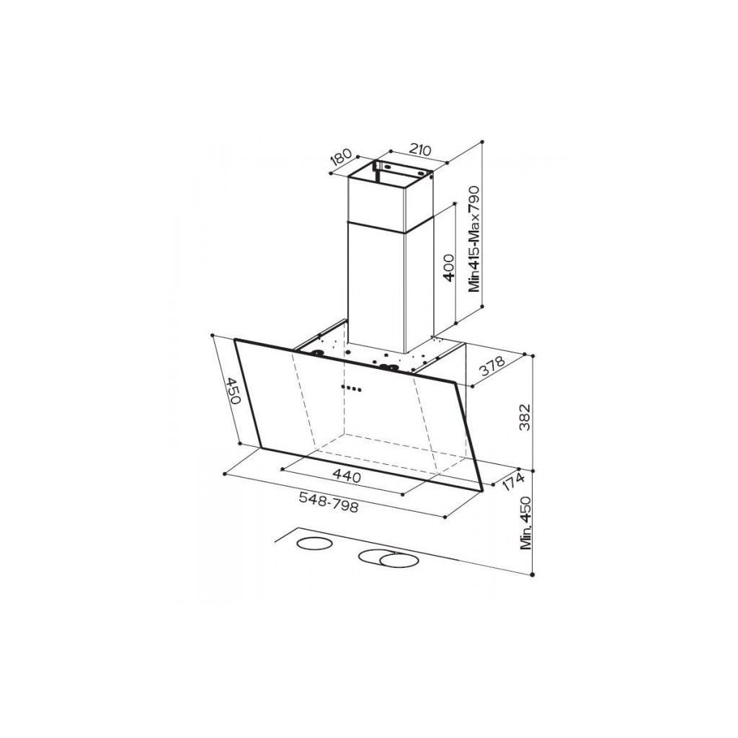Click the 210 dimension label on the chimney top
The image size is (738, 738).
(420, 150)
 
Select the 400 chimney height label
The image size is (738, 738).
(449, 267)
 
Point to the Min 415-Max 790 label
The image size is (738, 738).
(474, 239)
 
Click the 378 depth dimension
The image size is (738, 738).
(492, 367)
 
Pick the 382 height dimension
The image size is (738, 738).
(525, 417)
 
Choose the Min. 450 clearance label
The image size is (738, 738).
(525, 523)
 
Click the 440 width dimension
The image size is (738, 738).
(347, 477)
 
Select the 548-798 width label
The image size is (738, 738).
(329, 502)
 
